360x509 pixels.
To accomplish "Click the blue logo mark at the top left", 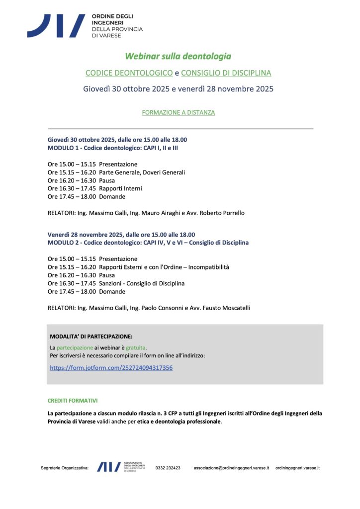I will pos(56,25).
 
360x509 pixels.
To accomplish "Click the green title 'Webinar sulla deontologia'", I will pos(178,56).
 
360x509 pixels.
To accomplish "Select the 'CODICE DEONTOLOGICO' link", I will pos(129,73).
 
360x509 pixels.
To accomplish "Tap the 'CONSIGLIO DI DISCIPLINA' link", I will pos(226,73).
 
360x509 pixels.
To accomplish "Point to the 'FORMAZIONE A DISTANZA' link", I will pos(178,113).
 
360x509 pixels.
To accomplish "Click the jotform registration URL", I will pos(111,368).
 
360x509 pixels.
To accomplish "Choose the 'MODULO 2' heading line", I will pos(148,243).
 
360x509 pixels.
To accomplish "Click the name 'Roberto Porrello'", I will pos(222,213).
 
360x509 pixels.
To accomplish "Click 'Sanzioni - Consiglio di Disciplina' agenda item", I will pos(142,283).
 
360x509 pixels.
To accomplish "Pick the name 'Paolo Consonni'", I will pos(151,308).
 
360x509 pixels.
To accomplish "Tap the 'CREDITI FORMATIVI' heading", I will pos(73,400).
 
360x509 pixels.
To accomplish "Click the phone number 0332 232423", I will pos(168,468).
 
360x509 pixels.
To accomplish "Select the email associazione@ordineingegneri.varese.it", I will pos(231,468).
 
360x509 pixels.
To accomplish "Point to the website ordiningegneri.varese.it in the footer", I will pos(297,468).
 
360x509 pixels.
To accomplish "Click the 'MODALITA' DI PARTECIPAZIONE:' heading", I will pos(91,337).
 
